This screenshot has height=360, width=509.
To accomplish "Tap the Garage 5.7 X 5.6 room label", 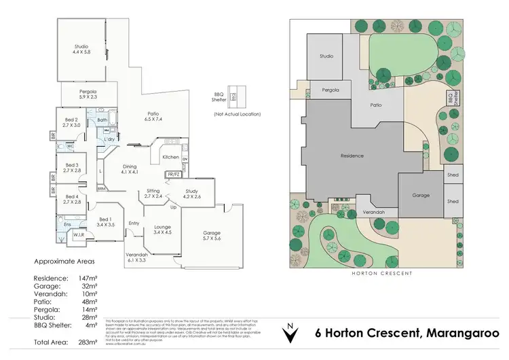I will tap(212, 235).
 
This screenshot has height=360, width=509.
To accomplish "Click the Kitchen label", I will tap(170, 157).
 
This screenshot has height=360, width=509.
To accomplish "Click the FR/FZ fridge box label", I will tap(173, 175).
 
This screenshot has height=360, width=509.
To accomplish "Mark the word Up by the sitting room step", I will tap(173, 206).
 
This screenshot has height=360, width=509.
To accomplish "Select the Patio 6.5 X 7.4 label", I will tap(154, 116).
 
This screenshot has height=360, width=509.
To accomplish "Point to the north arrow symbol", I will tap(290, 333).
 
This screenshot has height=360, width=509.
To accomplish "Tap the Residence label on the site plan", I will tap(352, 156).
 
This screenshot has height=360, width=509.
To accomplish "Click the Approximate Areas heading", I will tap(64, 261).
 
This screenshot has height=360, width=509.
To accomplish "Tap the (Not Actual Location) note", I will tap(237, 114).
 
